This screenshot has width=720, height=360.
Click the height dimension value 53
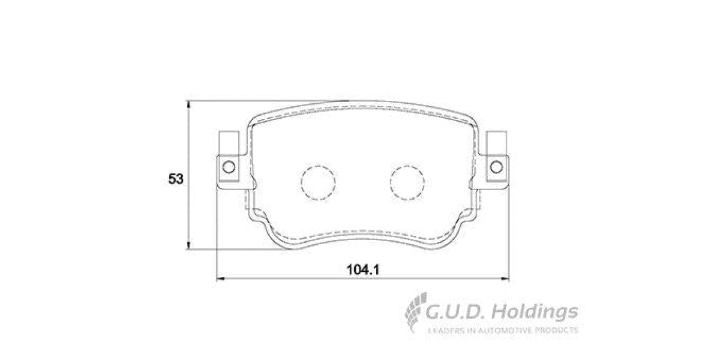(176, 179)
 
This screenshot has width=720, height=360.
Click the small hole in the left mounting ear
(228, 166)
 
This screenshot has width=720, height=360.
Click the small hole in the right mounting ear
(496, 166)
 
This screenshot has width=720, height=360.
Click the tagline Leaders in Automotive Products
(502, 330)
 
